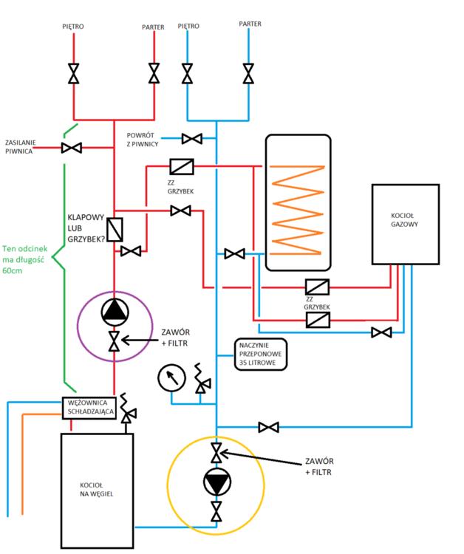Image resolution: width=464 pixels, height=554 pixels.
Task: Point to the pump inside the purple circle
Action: tap(115, 313)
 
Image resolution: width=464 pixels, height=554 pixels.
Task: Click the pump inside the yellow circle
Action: tap(216, 482)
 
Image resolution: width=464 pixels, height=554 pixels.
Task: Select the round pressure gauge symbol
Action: tap(171, 379)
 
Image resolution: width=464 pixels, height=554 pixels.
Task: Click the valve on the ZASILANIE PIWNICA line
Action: tap(72, 148)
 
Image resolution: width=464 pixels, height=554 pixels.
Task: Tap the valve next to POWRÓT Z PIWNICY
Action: tap(192, 138)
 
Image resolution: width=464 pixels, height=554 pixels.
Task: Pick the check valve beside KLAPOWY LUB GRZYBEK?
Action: tap(115, 230)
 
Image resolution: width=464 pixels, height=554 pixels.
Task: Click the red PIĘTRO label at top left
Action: tap(72, 27)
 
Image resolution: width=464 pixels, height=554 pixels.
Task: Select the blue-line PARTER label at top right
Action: tap(250, 24)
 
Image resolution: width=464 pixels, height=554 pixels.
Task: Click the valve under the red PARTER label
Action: tap(154, 74)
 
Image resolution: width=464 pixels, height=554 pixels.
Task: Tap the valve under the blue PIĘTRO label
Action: tap(188, 74)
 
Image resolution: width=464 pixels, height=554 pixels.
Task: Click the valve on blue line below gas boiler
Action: tap(381, 333)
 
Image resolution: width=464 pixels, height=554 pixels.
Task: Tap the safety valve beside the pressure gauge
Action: tap(200, 380)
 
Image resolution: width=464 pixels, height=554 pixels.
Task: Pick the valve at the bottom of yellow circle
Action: tap(216, 510)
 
